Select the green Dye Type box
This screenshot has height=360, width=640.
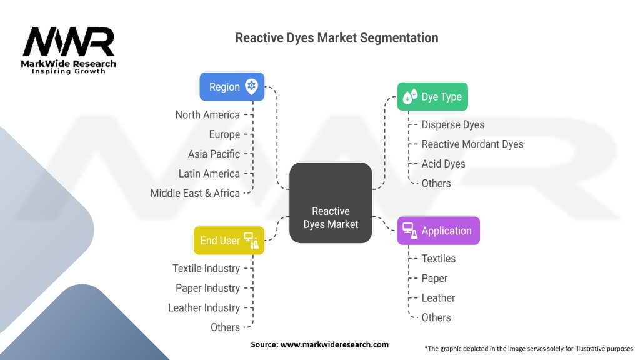pos(432,97)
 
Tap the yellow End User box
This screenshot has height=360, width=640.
pos(229,241)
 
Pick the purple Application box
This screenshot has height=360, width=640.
pos(438,231)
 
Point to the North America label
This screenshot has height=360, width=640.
pos(207,114)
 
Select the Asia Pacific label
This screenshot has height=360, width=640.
pos(214,154)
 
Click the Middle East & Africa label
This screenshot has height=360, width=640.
pos(195,193)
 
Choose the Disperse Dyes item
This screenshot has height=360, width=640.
pos(452,124)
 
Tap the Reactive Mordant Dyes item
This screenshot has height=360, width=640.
pos(472,144)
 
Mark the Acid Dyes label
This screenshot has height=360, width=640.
pos(443,164)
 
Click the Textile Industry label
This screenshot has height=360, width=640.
pos(206,269)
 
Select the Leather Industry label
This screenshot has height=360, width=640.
pos(204,308)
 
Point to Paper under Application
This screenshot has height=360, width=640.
pos(434,278)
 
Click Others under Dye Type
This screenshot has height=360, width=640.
pos(436,183)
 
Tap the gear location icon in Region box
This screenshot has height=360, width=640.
pos(252,86)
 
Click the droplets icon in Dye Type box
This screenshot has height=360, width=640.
pos(410,96)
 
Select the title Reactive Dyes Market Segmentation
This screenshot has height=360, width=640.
pos(336,37)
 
